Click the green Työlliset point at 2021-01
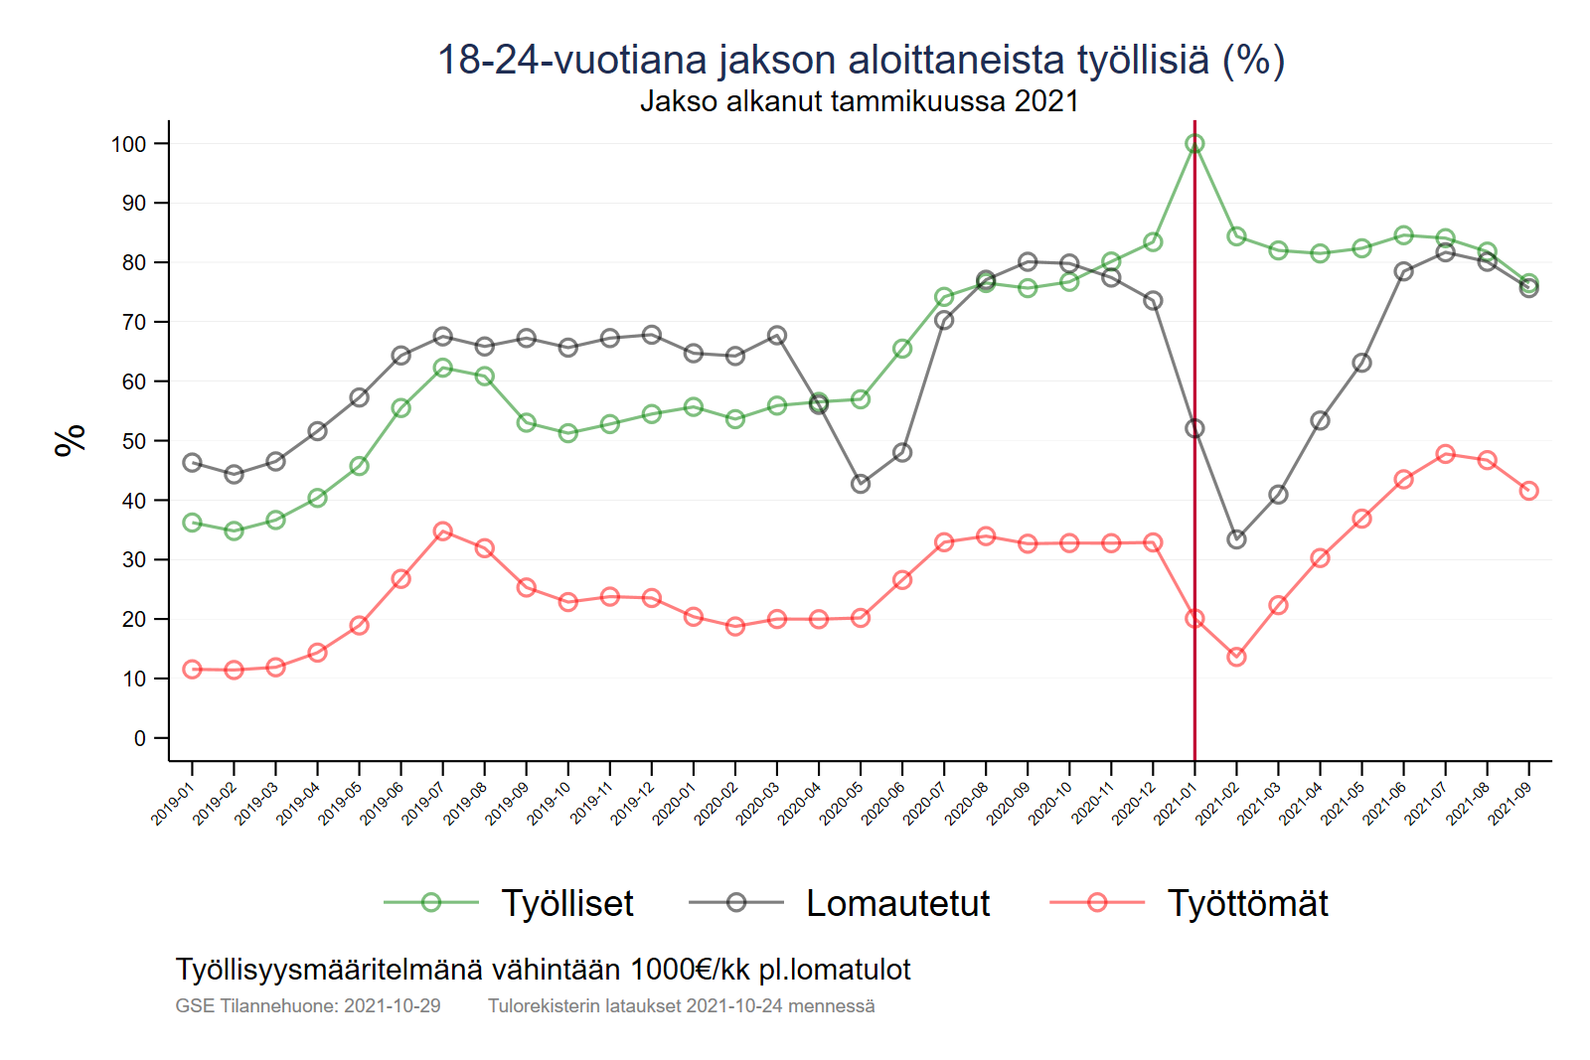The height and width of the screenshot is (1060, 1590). point(1194,144)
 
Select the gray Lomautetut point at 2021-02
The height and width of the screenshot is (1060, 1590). point(1236,539)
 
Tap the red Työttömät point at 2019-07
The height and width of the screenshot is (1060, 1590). point(443,531)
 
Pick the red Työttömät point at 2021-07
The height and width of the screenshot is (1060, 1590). point(1445,454)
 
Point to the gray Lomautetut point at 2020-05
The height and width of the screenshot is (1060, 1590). point(861,484)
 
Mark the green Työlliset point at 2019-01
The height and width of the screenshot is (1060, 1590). point(193,523)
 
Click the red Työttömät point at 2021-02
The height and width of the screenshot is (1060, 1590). point(1236,657)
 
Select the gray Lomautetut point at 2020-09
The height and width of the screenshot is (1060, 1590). point(1028,262)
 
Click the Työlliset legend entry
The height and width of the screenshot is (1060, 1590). point(566,903)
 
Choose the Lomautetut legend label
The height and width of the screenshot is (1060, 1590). point(897,903)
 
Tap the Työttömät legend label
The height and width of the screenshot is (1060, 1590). point(1247,903)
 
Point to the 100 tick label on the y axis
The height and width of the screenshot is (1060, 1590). point(128,144)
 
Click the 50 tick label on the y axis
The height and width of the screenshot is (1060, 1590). point(133,441)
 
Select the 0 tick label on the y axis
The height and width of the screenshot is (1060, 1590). point(140,738)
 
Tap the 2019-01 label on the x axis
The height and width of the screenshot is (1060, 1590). point(172,804)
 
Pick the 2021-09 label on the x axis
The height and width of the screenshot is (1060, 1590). point(1509,804)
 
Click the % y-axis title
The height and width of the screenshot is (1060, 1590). point(70,440)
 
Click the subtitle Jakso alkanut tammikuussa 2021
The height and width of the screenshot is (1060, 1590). point(859,101)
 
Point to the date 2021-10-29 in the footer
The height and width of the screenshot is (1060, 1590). point(392,1005)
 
